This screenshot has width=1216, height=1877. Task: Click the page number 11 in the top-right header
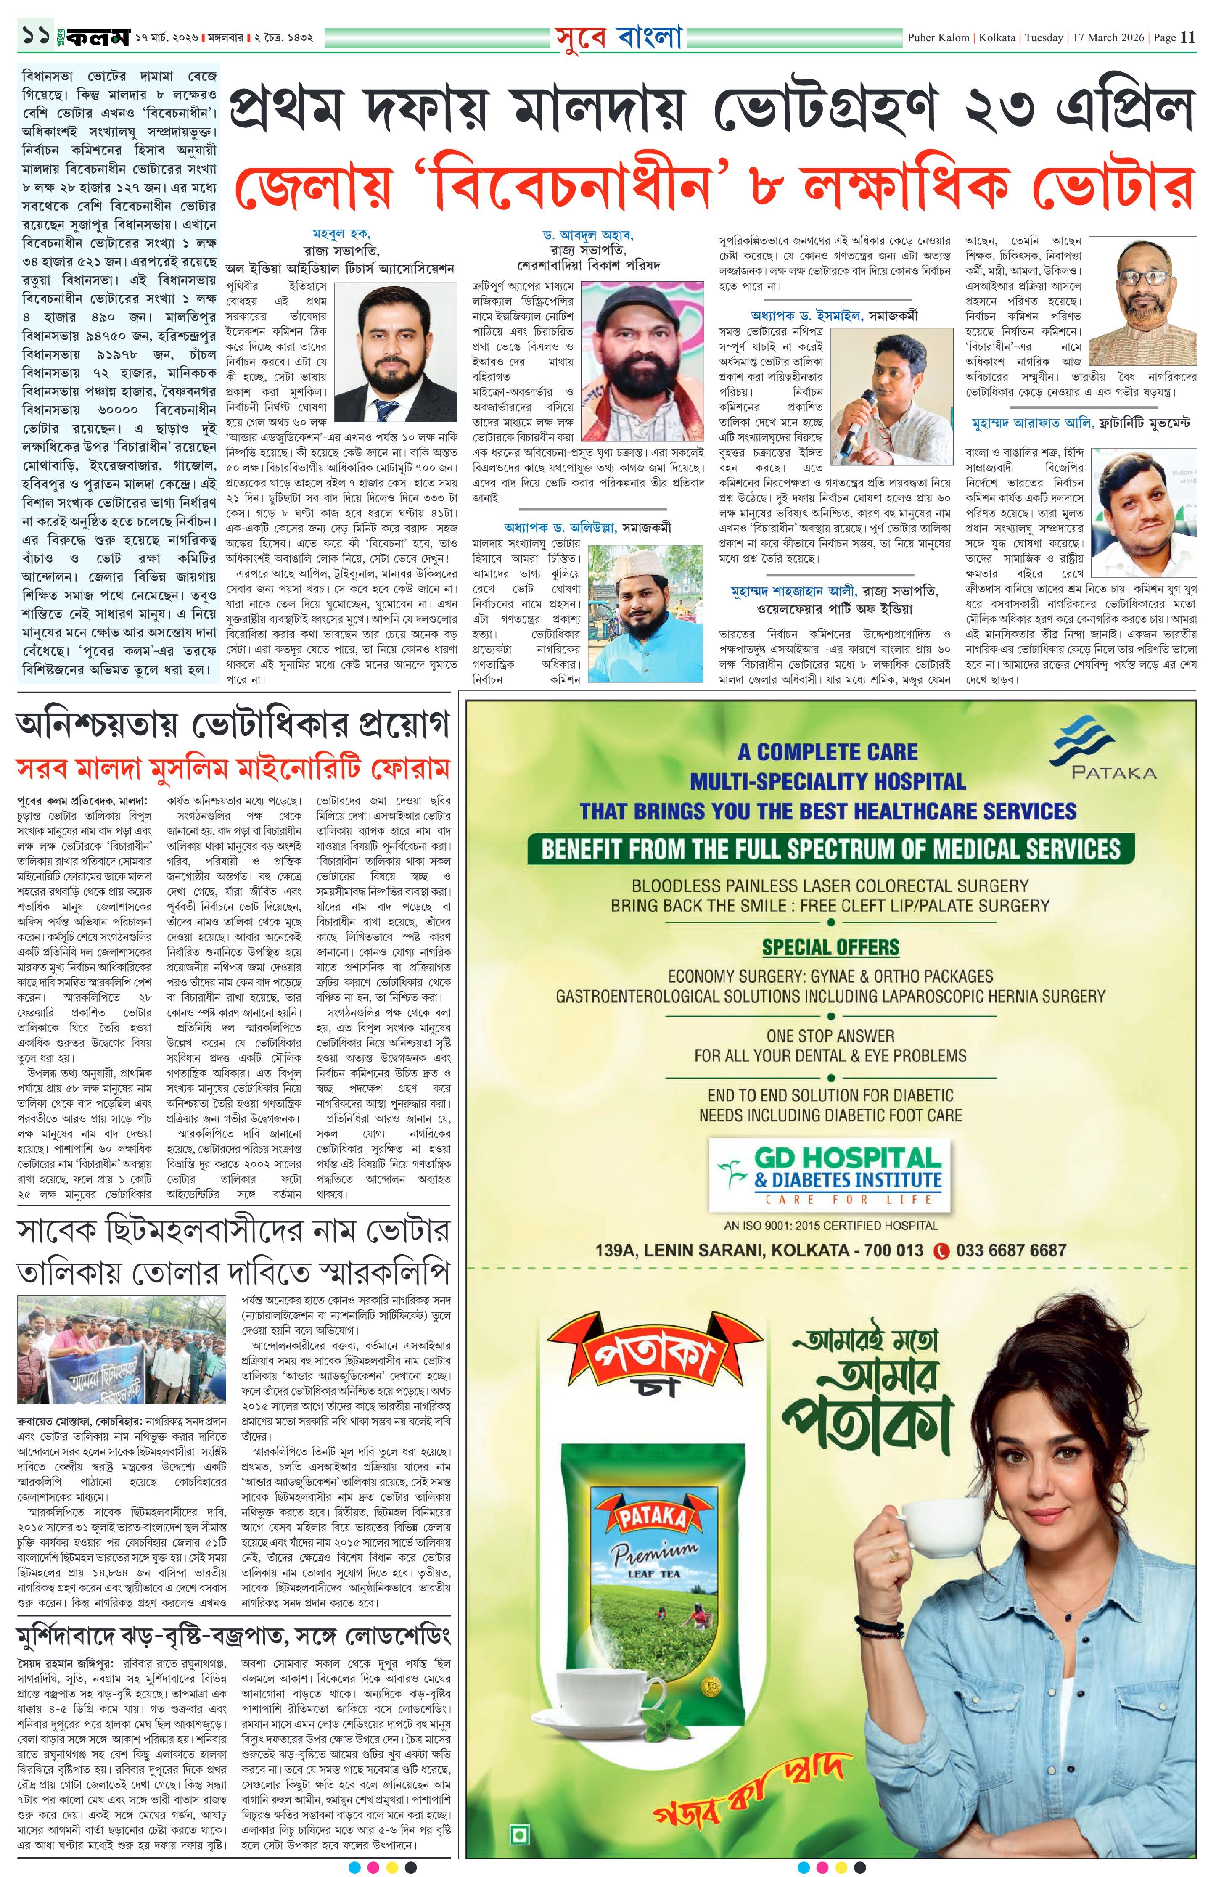point(1187,37)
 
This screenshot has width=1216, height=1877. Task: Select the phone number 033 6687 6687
point(1010,1250)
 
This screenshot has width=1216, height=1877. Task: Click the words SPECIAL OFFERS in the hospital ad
point(830,947)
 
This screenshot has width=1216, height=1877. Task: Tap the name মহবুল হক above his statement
point(341,233)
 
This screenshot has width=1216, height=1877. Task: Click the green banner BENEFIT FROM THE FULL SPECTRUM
point(830,849)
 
